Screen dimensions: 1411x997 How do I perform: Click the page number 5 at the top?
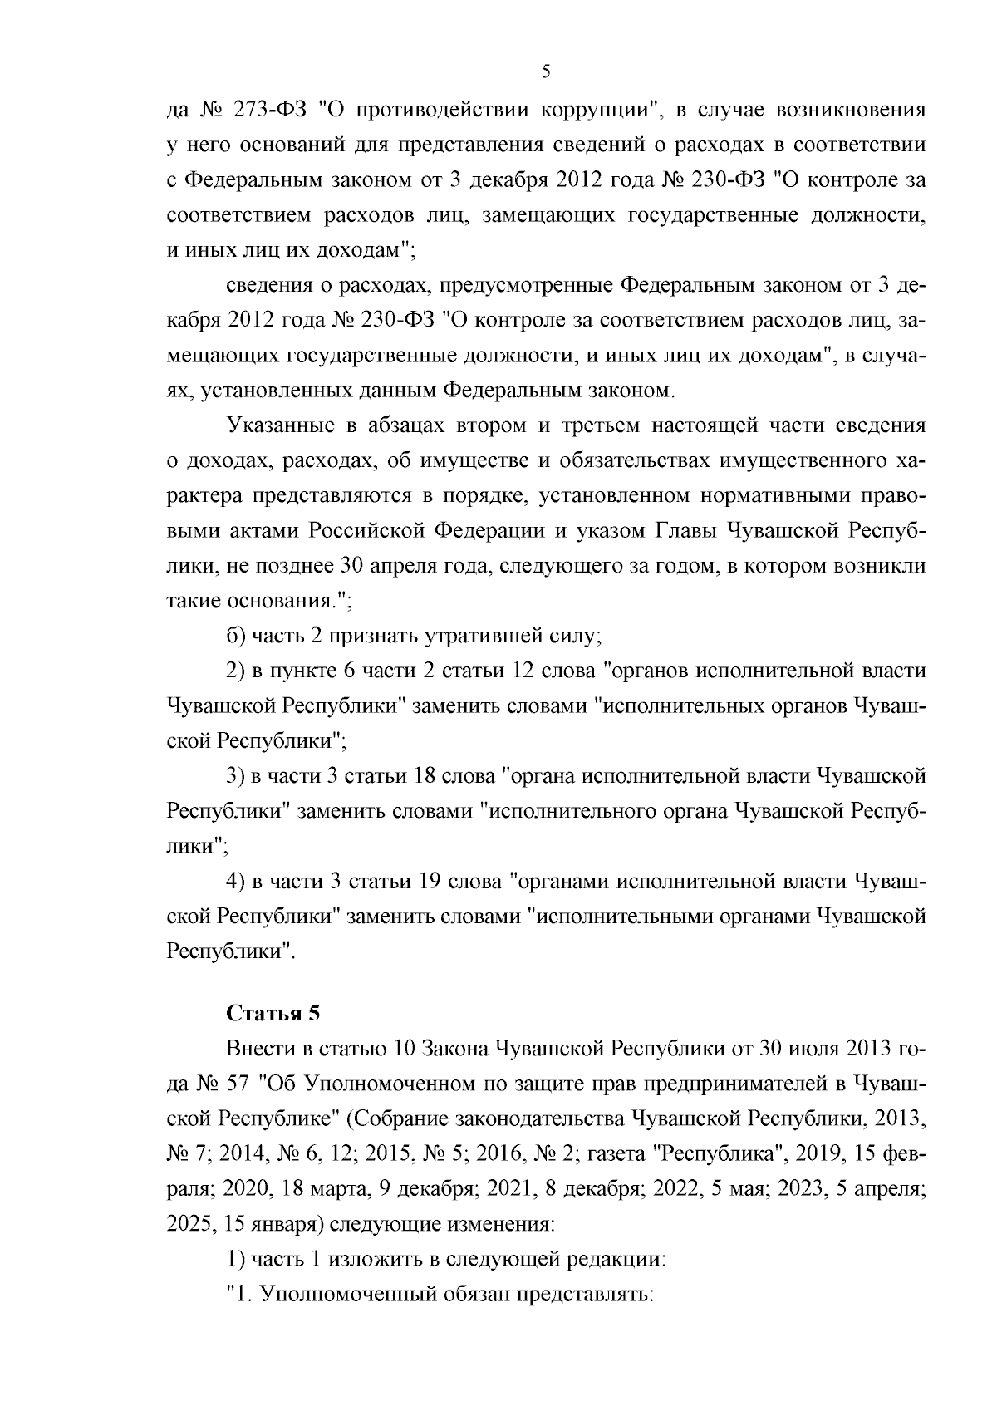pos(546,71)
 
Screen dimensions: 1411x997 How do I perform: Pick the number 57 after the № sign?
pos(235,1084)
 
